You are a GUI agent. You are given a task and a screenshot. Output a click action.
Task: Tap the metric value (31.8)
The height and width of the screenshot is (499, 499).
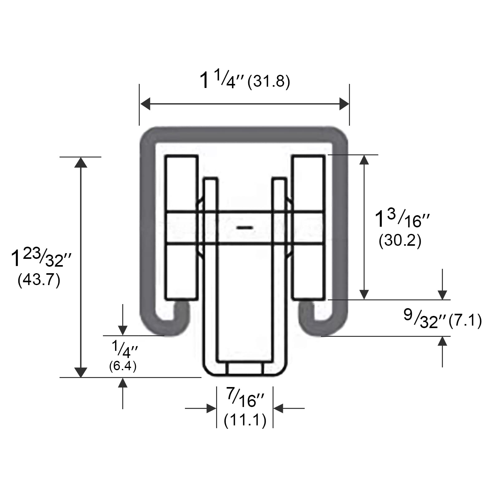pos(269,82)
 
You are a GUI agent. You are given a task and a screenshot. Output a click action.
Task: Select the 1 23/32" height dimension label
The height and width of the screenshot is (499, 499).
pos(41,258)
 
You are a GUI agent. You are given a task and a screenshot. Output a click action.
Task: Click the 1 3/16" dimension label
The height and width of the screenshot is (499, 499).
pos(402,219)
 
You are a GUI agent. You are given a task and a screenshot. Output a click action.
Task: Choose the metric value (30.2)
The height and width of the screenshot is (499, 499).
pos(400,240)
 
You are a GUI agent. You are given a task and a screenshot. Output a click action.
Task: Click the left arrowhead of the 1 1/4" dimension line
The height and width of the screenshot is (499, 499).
pos(145,104)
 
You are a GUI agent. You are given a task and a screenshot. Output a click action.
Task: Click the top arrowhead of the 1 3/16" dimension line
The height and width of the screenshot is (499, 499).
pos(364,160)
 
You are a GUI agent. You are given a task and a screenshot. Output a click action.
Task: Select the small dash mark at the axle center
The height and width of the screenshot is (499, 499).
pos(245,228)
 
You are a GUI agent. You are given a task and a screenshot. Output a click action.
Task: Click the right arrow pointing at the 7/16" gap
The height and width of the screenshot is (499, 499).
pos(278,408)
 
